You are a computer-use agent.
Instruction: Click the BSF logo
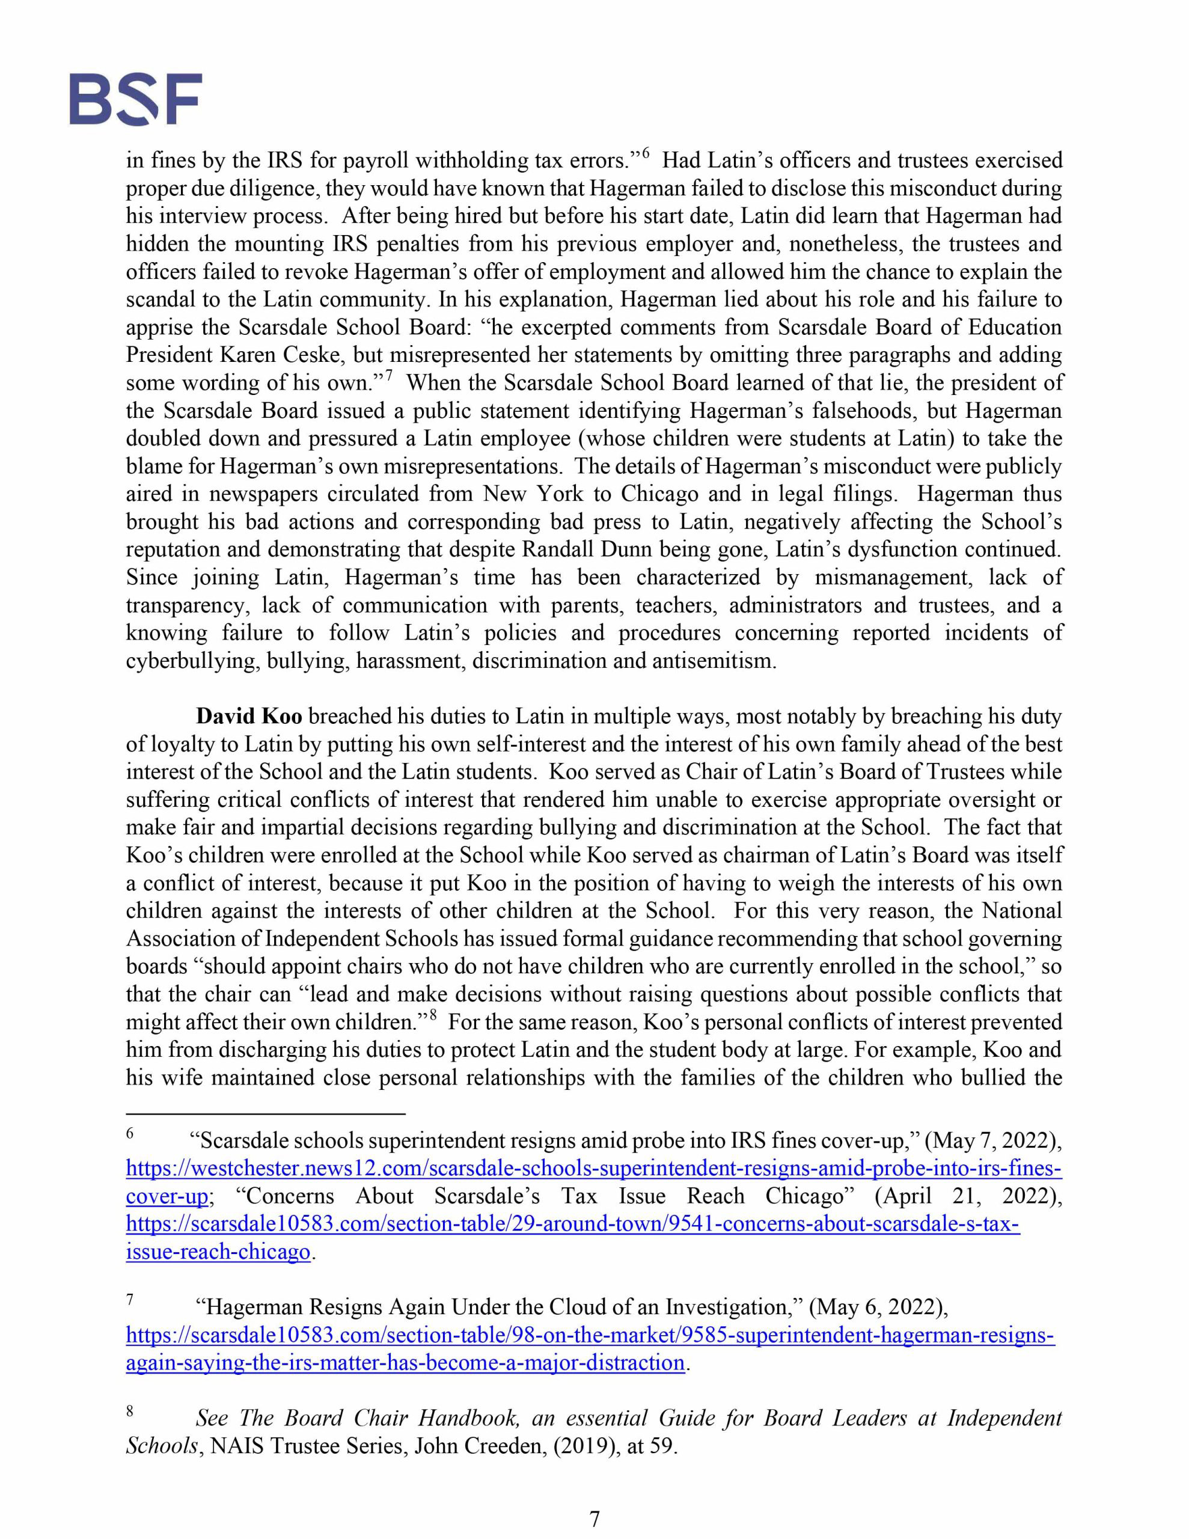point(135,99)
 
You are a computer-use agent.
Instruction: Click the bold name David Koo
point(249,717)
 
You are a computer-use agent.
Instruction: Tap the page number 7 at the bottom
point(594,1518)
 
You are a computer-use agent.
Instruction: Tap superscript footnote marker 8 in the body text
point(433,1015)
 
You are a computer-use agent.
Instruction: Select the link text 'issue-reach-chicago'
point(218,1252)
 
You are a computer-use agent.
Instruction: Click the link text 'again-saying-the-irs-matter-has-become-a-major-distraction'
point(405,1363)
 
